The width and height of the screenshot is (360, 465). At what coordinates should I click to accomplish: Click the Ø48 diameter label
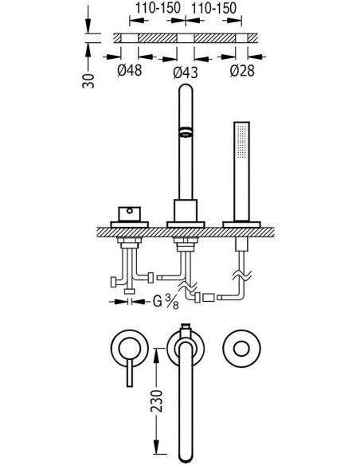pos(129,71)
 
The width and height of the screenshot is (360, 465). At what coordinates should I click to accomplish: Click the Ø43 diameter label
pos(186,72)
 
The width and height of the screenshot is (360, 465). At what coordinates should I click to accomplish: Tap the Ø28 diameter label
pos(242,71)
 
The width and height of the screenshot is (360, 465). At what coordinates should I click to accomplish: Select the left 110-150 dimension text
pos(158,8)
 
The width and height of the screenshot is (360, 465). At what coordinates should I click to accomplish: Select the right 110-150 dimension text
pos(213,8)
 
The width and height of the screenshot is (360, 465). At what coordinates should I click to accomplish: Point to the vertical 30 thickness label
pos(88,80)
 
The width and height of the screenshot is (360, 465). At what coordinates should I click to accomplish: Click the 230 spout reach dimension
pos(157,401)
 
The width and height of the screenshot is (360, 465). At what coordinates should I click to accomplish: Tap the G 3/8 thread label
pos(166,303)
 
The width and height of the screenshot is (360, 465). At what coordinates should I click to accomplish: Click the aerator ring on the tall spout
pos(186,131)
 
